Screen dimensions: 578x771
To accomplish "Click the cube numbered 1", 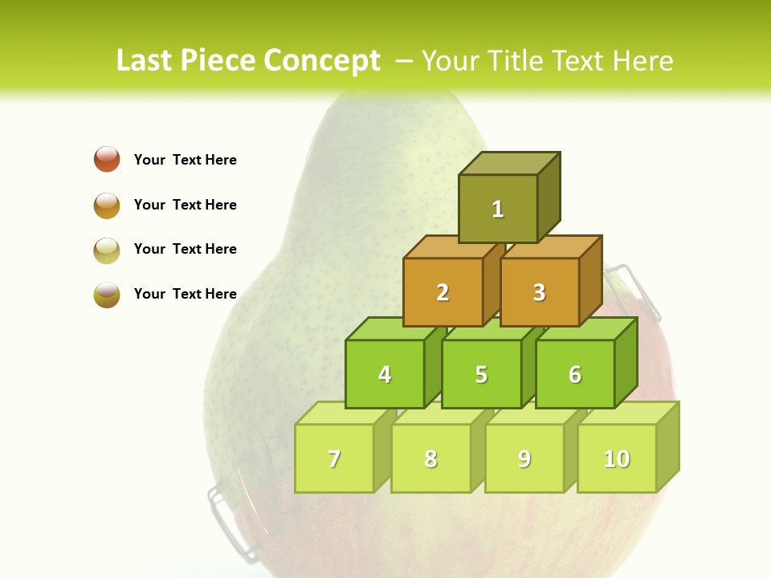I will (498, 209).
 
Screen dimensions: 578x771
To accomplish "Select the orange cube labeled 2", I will (443, 292).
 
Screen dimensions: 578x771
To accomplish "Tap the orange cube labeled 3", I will (539, 292).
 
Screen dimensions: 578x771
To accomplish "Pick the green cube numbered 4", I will (385, 374).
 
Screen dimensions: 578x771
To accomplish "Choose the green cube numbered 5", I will (481, 374).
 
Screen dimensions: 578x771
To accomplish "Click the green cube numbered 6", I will (575, 374).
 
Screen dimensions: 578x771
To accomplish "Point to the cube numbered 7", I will (334, 458).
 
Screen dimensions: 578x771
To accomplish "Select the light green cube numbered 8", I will (430, 458).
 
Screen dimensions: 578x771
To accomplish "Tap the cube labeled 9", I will (524, 458).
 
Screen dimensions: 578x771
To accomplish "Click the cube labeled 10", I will (617, 458).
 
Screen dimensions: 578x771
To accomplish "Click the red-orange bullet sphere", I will (107, 159).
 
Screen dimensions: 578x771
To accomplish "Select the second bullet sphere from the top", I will (107, 205).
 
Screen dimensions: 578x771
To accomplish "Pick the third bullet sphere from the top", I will (107, 250).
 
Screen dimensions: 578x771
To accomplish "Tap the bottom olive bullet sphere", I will (107, 295).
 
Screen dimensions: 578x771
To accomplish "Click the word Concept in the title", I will (321, 61).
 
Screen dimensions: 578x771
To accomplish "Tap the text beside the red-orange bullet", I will (186, 160).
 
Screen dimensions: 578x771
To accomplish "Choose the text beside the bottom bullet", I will (186, 294).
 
